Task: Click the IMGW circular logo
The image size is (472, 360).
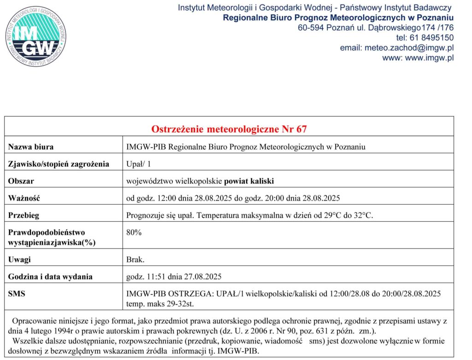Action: click(x=36, y=36)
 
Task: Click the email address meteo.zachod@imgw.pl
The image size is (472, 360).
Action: click(x=409, y=48)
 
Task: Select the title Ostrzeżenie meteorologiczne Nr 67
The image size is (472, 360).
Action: click(x=229, y=129)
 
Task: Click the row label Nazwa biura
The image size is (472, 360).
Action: click(x=31, y=147)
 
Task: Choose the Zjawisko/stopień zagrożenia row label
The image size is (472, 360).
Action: click(x=59, y=164)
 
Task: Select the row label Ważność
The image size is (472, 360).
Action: click(x=24, y=198)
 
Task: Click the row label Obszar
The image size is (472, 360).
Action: click(x=21, y=181)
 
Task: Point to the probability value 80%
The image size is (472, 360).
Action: click(x=134, y=232)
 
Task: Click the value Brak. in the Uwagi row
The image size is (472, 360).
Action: click(x=136, y=260)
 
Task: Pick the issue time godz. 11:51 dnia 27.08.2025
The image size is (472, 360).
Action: click(x=174, y=277)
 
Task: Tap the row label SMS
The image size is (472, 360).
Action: click(x=17, y=294)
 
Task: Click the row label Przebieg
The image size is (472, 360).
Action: click(x=24, y=215)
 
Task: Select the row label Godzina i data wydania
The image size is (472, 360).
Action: click(x=51, y=277)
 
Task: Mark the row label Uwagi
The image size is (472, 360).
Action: click(x=19, y=260)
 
